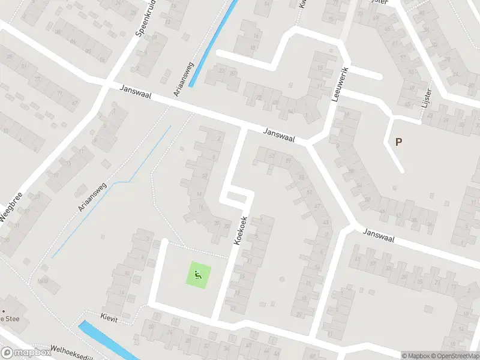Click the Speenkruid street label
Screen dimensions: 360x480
[146, 22]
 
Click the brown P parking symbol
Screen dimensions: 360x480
[398, 142]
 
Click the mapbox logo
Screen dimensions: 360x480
[26, 353]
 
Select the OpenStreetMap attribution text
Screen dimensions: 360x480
[454, 356]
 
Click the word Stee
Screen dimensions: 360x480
[13, 319]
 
